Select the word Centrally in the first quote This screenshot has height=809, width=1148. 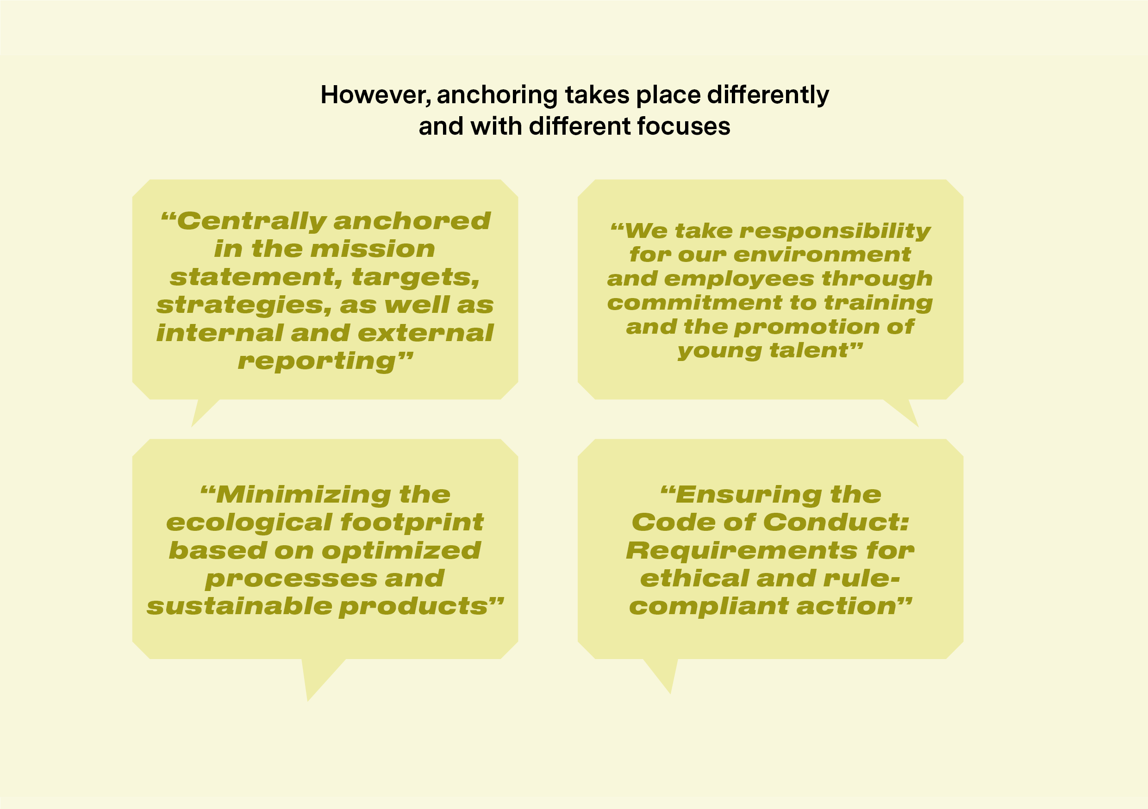[243, 222]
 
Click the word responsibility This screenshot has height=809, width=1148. [835, 231]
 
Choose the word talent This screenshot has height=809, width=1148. [816, 351]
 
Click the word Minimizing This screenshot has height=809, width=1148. [295, 496]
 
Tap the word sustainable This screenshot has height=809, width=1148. [239, 606]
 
